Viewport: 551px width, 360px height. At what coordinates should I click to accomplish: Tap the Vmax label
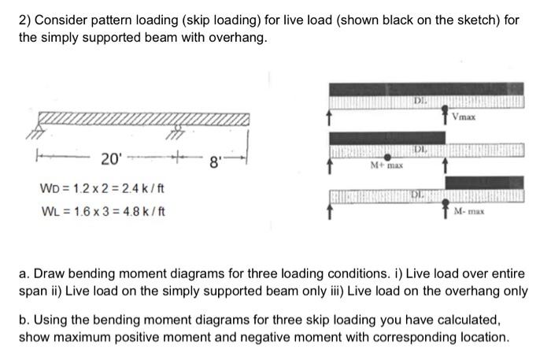click(463, 119)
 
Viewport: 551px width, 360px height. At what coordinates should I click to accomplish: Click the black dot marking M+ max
click(387, 158)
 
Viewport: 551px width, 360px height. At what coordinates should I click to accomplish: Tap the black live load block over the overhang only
click(483, 182)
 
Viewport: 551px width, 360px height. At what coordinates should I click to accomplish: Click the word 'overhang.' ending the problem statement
click(242, 36)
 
